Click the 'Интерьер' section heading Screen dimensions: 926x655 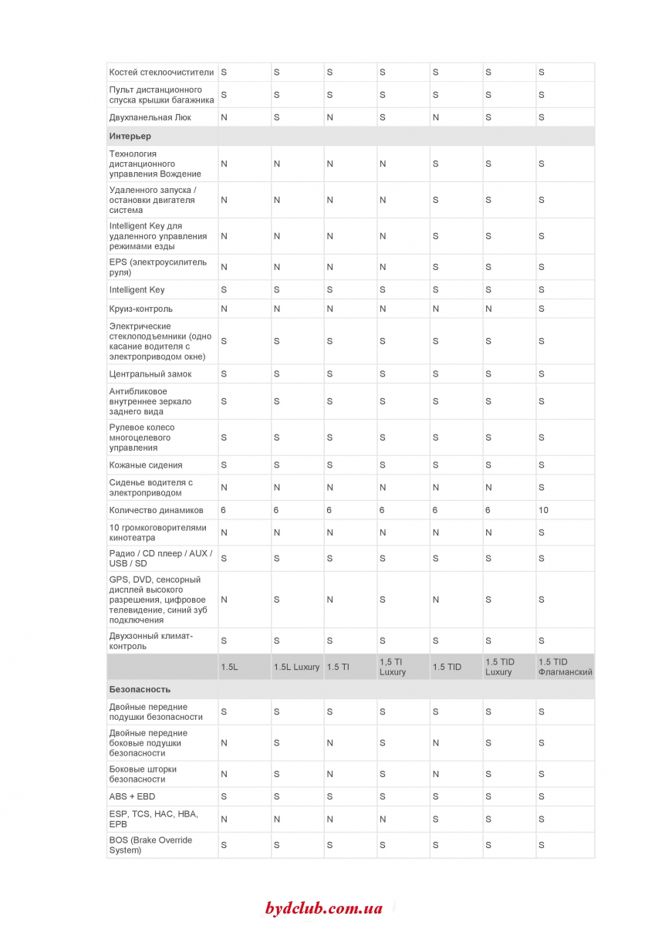tap(130, 137)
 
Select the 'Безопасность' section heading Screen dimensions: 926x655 tap(140, 689)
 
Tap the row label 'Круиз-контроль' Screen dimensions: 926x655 tap(147, 309)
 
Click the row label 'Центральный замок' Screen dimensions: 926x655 tap(150, 374)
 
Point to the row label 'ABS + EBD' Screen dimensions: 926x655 tap(132, 796)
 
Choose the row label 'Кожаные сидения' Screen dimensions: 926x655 tap(146, 465)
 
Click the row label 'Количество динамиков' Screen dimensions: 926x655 tap(157, 510)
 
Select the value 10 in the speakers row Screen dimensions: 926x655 tap(544, 510)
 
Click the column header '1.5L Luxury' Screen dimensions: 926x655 tap(296, 667)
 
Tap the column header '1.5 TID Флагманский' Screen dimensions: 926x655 tap(565, 667)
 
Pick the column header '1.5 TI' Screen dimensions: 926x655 tap(338, 667)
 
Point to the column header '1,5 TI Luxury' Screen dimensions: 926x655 tap(392, 667)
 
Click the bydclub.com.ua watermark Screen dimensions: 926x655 tap(323, 908)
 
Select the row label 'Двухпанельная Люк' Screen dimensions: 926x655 tap(150, 117)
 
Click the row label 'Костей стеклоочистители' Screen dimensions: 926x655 tap(161, 72)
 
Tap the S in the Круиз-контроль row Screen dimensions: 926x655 tap(542, 309)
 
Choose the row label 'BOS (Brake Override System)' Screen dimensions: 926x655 tap(150, 845)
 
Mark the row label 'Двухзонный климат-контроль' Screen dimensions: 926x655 tap(151, 640)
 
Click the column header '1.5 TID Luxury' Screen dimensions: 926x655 tap(499, 667)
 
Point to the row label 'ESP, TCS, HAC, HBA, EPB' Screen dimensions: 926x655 tap(154, 819)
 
